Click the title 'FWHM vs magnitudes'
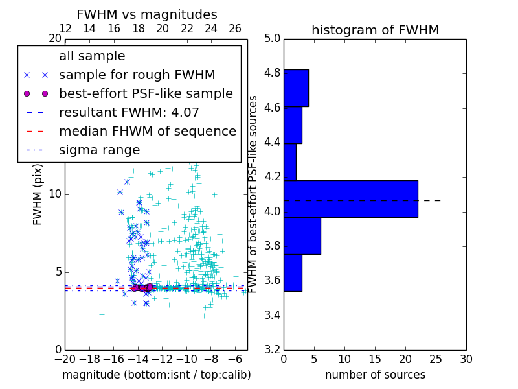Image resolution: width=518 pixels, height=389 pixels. point(147,14)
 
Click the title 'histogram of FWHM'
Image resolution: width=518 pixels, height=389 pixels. point(375,30)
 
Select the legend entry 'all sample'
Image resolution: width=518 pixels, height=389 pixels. point(92,56)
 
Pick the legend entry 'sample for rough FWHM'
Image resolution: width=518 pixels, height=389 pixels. point(137,75)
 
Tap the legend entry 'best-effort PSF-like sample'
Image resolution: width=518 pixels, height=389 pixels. point(146,94)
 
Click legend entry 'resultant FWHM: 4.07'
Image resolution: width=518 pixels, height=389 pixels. point(129,113)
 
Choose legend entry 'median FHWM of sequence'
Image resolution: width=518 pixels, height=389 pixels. point(147,132)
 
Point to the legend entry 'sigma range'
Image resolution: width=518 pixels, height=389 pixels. point(99,150)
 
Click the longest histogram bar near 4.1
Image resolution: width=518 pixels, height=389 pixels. point(350,199)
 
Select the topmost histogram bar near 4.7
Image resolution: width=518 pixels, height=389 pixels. point(296,88)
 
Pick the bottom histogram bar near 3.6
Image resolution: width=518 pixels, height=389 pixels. point(293,273)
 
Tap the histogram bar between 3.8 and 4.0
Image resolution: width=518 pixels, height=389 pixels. point(302,236)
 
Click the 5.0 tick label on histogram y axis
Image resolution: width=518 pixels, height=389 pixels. point(272,39)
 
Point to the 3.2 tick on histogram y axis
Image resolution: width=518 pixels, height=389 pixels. point(272,350)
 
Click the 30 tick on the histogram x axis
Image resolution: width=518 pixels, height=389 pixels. point(466,359)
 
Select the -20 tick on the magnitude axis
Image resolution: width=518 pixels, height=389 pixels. point(65,359)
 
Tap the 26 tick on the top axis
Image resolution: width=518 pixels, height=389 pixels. point(235,29)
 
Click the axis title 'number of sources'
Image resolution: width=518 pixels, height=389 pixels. point(375,375)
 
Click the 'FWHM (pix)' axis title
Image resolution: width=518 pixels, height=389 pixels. point(38,194)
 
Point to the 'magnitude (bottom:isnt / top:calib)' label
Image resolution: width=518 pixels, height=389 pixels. point(156,375)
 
